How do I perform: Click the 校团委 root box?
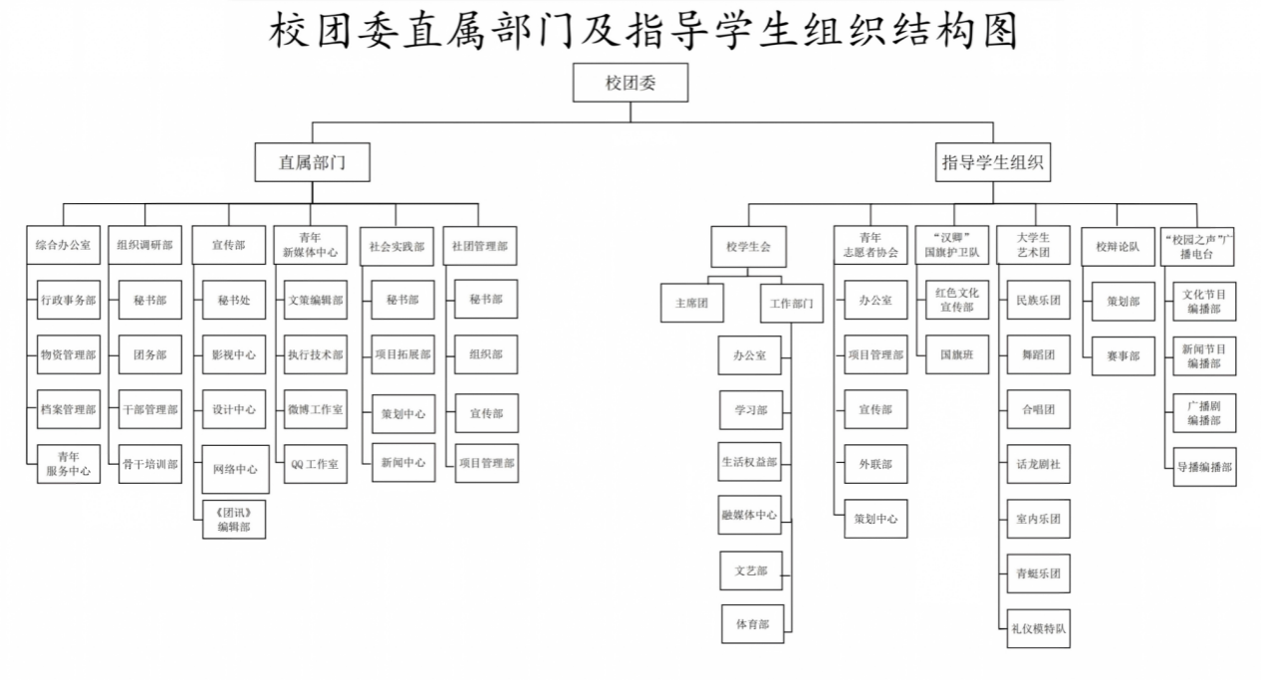630,83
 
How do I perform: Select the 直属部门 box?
313,162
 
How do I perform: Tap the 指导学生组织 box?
992,162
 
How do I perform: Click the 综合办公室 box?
63,245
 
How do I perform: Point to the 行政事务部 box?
69,300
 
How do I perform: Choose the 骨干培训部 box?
150,464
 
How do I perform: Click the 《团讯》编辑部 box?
234,520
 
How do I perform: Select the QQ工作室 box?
315,464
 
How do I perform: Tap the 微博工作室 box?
315,409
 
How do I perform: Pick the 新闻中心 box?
403,462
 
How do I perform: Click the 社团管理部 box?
480,246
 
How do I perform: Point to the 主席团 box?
692,303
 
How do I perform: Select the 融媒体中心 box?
749,515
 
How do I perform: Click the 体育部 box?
753,623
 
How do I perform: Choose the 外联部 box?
876,464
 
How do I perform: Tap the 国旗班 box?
957,354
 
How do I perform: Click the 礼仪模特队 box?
1039,628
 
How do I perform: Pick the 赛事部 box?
1124,355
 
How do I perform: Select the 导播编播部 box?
1204,467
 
